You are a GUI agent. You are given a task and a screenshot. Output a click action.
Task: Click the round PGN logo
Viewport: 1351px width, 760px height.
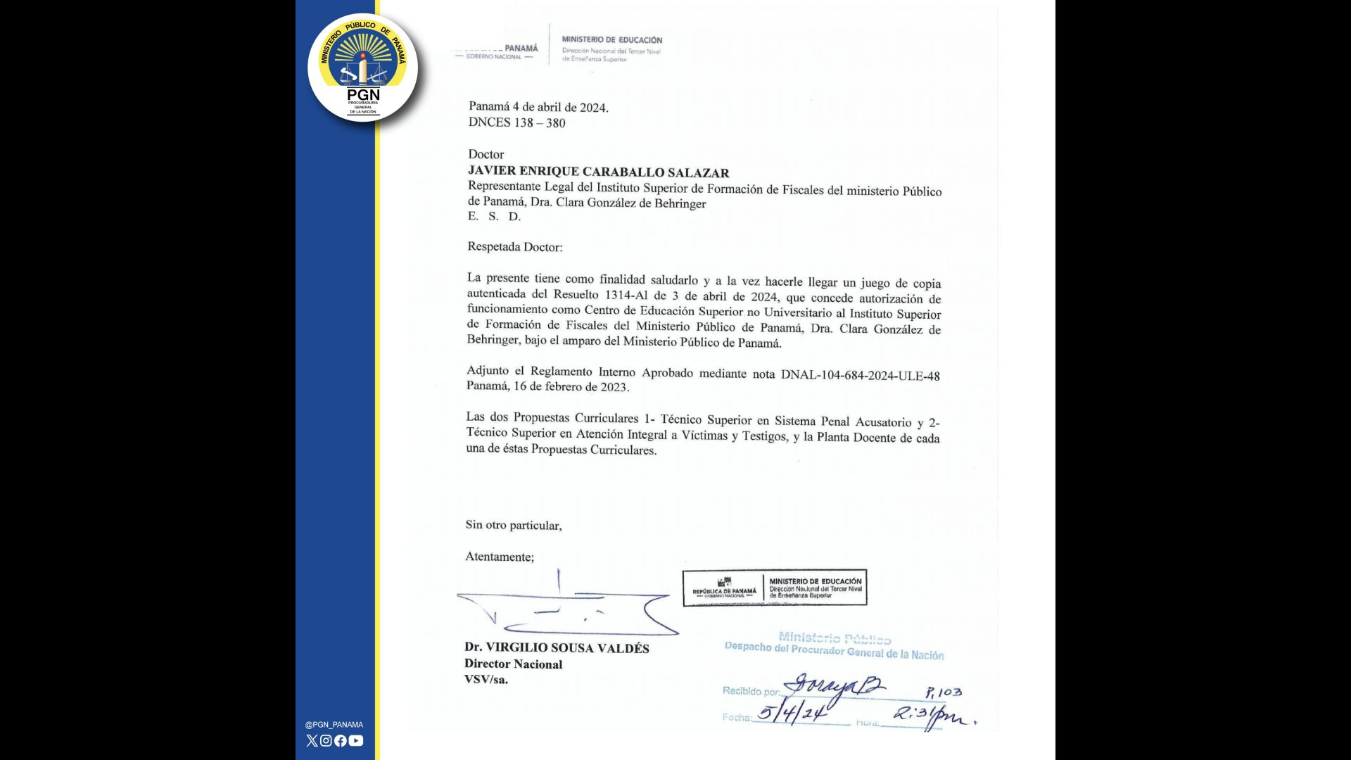pyautogui.click(x=363, y=68)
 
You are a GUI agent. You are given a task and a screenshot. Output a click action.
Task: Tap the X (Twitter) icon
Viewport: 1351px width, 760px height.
pyautogui.click(x=312, y=740)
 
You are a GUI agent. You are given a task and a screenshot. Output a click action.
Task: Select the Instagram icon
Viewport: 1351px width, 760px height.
pyautogui.click(x=326, y=740)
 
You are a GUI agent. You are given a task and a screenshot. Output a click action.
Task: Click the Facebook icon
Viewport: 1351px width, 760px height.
pyautogui.click(x=341, y=740)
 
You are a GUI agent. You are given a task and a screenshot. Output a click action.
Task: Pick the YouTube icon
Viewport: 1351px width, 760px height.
pyautogui.click(x=356, y=740)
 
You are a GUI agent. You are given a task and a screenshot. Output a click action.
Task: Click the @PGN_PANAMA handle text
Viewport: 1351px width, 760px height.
pyautogui.click(x=334, y=725)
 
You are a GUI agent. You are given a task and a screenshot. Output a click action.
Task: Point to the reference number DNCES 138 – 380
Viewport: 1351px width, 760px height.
pyautogui.click(x=516, y=123)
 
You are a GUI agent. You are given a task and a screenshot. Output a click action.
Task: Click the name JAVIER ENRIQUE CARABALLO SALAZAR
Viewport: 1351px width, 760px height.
pyautogui.click(x=598, y=172)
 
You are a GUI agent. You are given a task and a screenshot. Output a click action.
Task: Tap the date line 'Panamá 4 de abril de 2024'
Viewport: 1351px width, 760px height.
pyautogui.click(x=538, y=107)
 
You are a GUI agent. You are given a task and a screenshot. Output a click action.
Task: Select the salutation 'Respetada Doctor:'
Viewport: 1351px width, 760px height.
pyautogui.click(x=514, y=247)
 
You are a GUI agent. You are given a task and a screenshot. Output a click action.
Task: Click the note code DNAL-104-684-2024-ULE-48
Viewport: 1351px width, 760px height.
pyautogui.click(x=860, y=375)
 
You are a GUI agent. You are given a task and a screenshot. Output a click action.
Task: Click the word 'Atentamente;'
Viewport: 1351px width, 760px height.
pyautogui.click(x=499, y=557)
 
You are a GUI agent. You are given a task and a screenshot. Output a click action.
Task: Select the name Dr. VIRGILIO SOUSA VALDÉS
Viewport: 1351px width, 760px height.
pyautogui.click(x=557, y=647)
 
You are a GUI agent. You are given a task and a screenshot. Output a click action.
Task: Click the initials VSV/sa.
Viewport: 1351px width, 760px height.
pyautogui.click(x=486, y=680)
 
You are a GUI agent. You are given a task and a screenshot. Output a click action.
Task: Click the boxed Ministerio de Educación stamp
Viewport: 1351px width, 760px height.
pyautogui.click(x=774, y=588)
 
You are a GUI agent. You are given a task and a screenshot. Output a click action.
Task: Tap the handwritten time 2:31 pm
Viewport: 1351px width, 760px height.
pyautogui.click(x=932, y=716)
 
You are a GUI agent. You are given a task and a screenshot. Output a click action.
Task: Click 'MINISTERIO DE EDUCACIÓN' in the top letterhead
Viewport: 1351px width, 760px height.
pyautogui.click(x=611, y=40)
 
